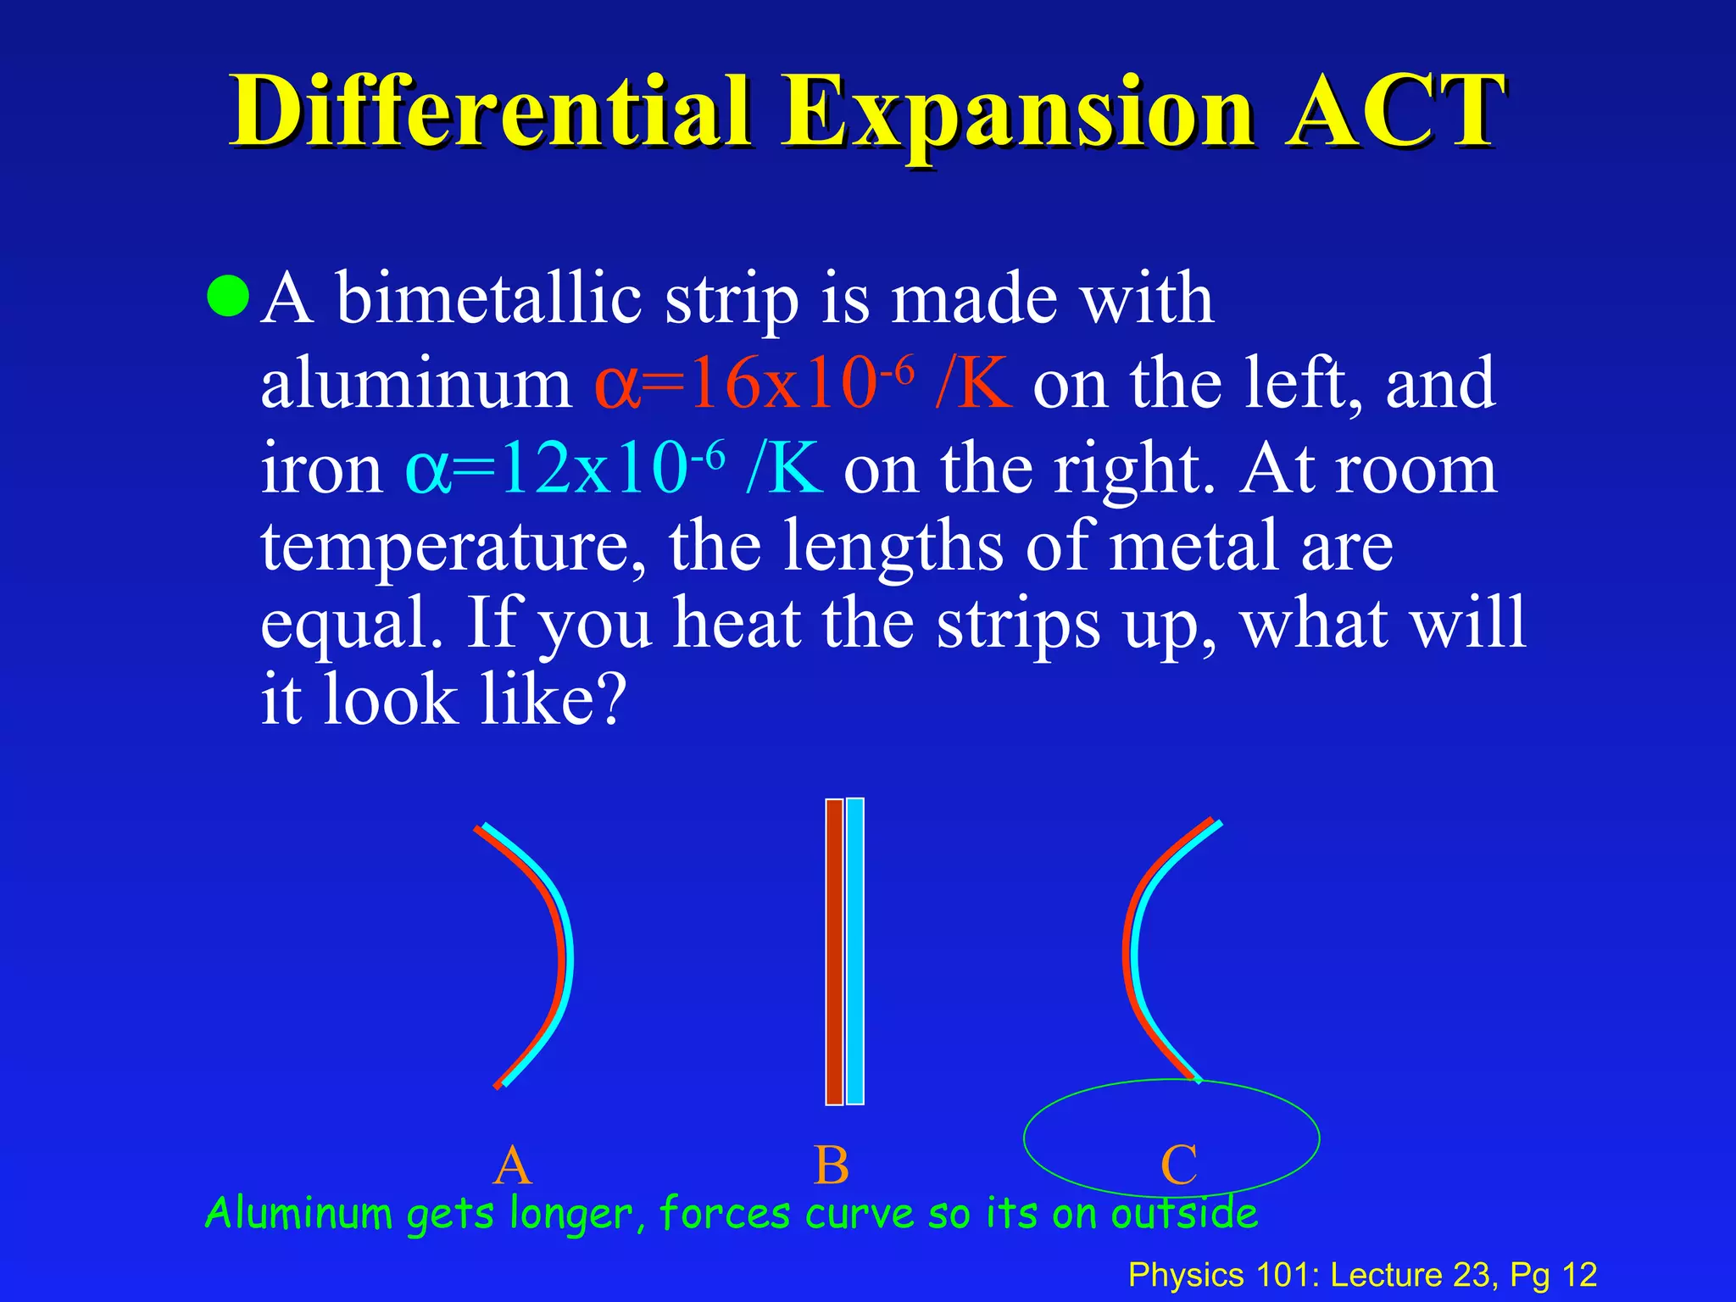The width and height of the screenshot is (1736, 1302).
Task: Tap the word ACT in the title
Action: (x=1394, y=112)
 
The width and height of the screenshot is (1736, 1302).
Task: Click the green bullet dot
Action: (x=228, y=296)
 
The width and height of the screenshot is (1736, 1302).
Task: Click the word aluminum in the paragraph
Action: (x=415, y=384)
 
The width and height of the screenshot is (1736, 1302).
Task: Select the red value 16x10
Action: (x=780, y=384)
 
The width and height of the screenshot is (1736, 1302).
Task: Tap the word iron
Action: (x=321, y=469)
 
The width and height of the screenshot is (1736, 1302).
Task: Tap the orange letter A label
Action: (x=512, y=1166)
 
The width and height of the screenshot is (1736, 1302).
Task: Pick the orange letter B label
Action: (x=831, y=1166)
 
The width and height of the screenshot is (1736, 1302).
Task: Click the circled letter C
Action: (x=1178, y=1166)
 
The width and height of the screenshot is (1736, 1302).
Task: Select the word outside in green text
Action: (x=1184, y=1213)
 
